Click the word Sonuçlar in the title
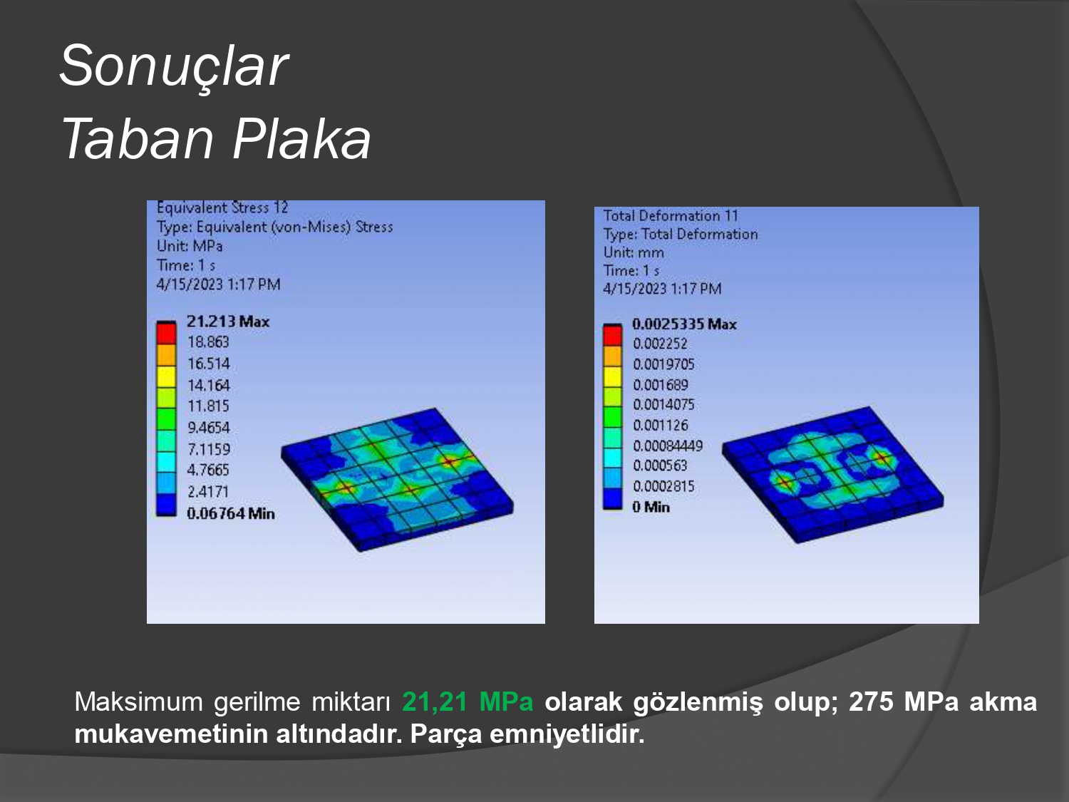(x=174, y=66)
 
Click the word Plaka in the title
(x=301, y=140)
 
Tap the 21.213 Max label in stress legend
(x=228, y=322)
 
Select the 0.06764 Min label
(x=231, y=513)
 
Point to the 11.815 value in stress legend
(x=208, y=406)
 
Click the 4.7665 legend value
(x=208, y=470)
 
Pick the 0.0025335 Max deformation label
(x=684, y=324)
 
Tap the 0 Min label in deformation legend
(x=651, y=507)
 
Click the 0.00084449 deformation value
(x=668, y=446)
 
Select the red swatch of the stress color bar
(x=166, y=334)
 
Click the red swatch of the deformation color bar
(x=613, y=336)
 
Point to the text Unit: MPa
(x=190, y=246)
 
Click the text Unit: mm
(x=634, y=252)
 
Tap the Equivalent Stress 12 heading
(x=222, y=208)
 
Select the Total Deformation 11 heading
(x=671, y=216)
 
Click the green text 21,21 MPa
(x=468, y=701)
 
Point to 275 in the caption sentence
(x=872, y=701)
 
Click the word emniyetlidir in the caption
(x=567, y=734)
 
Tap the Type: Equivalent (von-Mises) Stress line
(x=274, y=227)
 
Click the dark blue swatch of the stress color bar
(x=166, y=505)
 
